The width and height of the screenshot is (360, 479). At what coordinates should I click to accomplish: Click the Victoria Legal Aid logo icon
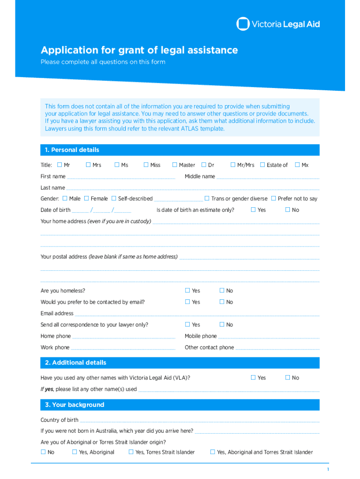(243, 24)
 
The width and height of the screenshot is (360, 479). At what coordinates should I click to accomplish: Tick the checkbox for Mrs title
(88, 165)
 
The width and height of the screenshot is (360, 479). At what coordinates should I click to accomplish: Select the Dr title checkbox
(204, 165)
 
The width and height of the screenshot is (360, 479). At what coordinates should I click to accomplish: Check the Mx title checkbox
(297, 165)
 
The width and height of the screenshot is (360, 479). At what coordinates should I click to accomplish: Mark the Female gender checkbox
(86, 198)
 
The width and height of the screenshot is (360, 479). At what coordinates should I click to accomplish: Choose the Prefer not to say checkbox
(274, 198)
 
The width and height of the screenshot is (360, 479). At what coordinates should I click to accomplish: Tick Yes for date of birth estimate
(253, 210)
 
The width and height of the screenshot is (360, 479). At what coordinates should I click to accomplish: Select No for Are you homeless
(222, 290)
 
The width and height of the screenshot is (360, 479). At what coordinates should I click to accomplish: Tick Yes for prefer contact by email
(187, 302)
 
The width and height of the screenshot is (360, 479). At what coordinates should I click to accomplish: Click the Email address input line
(197, 314)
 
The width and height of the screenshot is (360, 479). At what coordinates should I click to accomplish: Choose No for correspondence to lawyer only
(222, 324)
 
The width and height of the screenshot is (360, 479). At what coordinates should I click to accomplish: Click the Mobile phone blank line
(269, 337)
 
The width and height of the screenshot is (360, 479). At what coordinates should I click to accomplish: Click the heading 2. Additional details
(75, 363)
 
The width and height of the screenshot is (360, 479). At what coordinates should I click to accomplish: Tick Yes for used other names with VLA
(253, 377)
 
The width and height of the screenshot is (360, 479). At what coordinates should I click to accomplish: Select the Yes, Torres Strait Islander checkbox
(131, 452)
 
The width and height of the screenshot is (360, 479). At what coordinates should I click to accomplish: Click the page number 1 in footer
(328, 470)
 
